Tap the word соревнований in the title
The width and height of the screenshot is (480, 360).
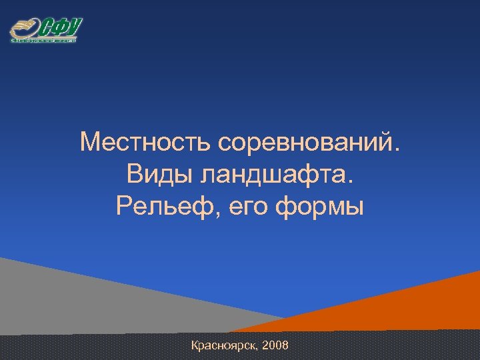point(307,142)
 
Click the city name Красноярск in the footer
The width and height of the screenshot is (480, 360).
point(224,346)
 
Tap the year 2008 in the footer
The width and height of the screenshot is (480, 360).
point(276,346)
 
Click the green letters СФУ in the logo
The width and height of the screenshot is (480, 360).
point(61,28)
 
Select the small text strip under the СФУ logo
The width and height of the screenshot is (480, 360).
point(44,41)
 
